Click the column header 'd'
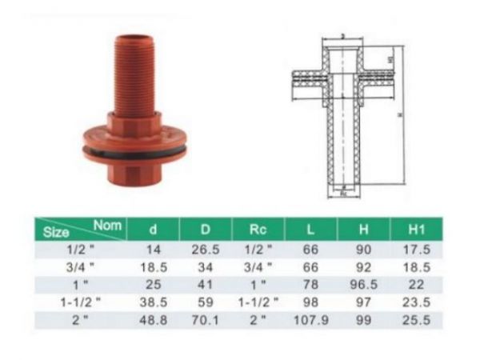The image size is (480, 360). (x=154, y=230)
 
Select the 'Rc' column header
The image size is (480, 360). (x=258, y=230)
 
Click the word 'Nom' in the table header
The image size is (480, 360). (x=107, y=226)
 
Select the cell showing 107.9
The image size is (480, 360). (x=311, y=320)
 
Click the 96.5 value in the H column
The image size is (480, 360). (x=365, y=285)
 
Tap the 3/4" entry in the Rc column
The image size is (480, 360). (x=258, y=267)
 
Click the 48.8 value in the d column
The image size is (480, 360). (x=154, y=320)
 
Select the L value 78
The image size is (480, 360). (x=311, y=285)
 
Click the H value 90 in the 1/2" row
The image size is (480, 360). (x=365, y=250)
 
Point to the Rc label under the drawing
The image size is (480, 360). (x=343, y=193)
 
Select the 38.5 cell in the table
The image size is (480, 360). (x=154, y=302)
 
